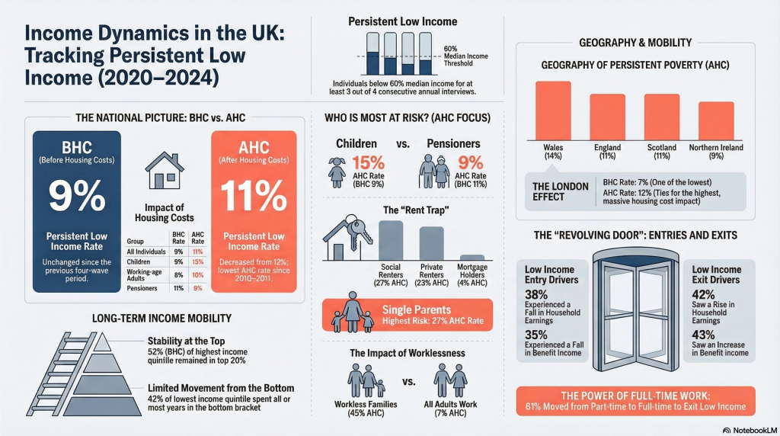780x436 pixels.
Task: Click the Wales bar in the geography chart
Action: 553,111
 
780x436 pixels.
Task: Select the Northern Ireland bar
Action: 716,121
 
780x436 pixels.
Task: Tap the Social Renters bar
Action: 391,240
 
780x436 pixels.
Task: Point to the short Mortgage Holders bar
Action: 472,258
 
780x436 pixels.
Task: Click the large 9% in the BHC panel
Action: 77,196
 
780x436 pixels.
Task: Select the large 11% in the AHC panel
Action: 254,196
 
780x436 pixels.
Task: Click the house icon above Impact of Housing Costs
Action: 165,171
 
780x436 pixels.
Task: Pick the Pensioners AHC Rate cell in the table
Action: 197,288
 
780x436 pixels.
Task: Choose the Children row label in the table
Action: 139,261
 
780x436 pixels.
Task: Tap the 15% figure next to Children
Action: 368,163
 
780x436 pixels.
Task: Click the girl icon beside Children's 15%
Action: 337,172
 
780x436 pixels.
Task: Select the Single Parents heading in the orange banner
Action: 417,309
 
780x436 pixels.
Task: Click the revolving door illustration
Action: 635,309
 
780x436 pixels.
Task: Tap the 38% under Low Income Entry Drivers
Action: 536,294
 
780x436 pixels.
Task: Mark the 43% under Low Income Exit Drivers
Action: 703,335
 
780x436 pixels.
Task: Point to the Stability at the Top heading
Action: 186,341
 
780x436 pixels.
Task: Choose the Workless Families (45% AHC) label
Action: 366,408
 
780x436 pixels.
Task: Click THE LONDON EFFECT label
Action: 560,191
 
